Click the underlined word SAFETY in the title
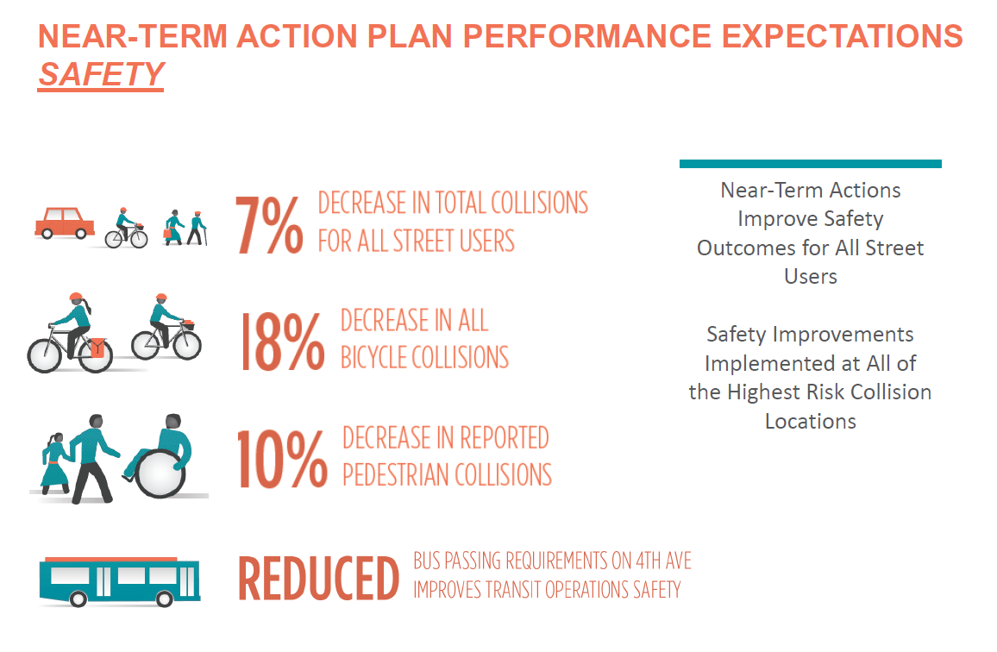[101, 75]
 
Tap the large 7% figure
[269, 226]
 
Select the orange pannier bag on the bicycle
[97, 348]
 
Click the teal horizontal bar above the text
[810, 163]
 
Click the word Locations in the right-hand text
[810, 421]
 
